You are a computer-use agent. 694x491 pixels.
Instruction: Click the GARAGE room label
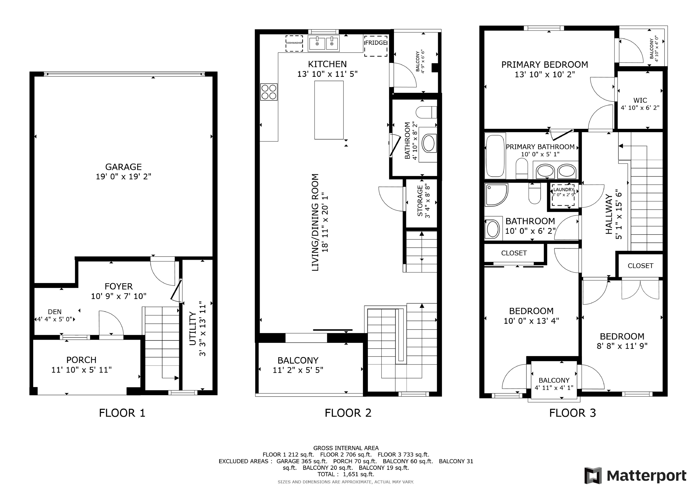(x=123, y=167)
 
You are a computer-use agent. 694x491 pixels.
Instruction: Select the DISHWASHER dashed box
(x=294, y=43)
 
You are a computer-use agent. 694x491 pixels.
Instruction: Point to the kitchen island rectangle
(x=329, y=110)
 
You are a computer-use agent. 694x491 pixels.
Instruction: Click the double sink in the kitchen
(x=324, y=43)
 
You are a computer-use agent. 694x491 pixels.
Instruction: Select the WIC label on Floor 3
(x=640, y=100)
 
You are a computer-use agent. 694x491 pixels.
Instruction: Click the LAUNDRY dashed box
(x=563, y=195)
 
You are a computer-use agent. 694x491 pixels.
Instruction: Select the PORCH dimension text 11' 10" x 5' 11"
(x=81, y=370)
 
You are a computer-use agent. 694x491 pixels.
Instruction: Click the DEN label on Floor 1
(x=55, y=312)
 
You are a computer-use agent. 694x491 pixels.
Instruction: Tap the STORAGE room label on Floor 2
(x=420, y=201)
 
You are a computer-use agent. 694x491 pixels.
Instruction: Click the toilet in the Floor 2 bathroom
(x=426, y=112)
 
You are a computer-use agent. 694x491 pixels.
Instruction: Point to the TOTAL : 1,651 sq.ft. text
(x=346, y=474)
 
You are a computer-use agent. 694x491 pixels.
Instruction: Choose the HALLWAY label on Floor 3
(x=609, y=214)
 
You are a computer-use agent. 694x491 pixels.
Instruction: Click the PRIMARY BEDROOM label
(x=545, y=65)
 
